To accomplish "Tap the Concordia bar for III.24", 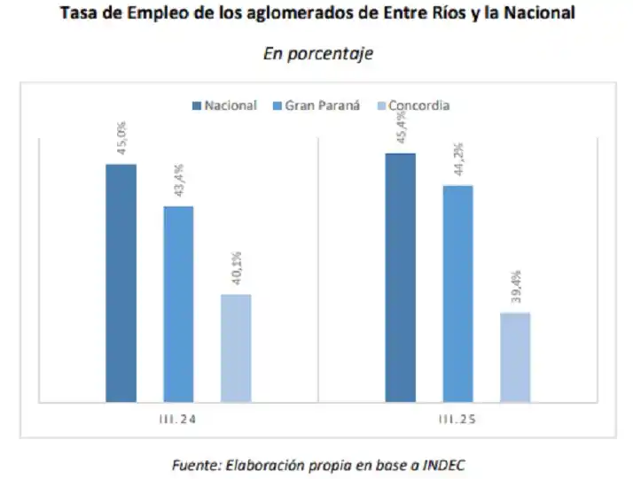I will (236, 347).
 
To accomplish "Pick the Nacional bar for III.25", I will (400, 276).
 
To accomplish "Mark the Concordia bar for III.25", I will (515, 356).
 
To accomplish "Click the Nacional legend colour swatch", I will (196, 105).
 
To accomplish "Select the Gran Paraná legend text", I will (323, 105).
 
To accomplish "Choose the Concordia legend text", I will (418, 105).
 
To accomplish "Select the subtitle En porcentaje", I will (317, 53).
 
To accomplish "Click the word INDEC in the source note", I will (442, 465).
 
